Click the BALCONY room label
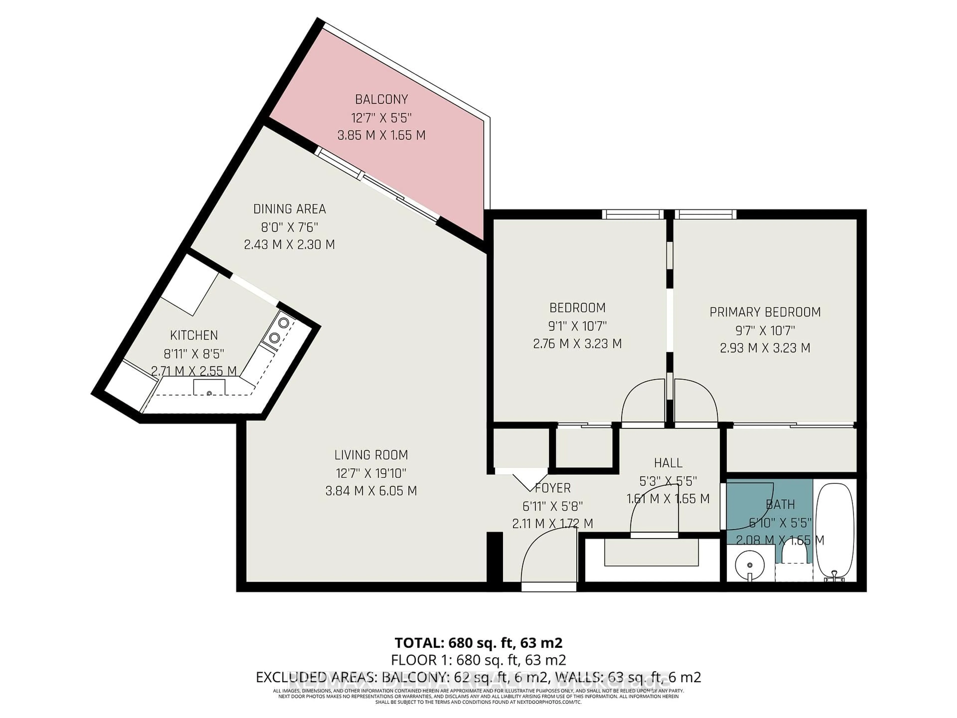pos(381,99)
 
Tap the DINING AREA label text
pos(289,209)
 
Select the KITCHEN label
pos(194,335)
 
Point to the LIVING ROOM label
pos(371,455)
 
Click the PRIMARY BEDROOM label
pos(765,312)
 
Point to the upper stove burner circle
pos(283,322)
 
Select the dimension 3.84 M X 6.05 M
pos(371,491)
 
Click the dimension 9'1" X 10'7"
pos(577,326)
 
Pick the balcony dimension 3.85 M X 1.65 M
pos(381,135)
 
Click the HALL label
pos(668,463)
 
